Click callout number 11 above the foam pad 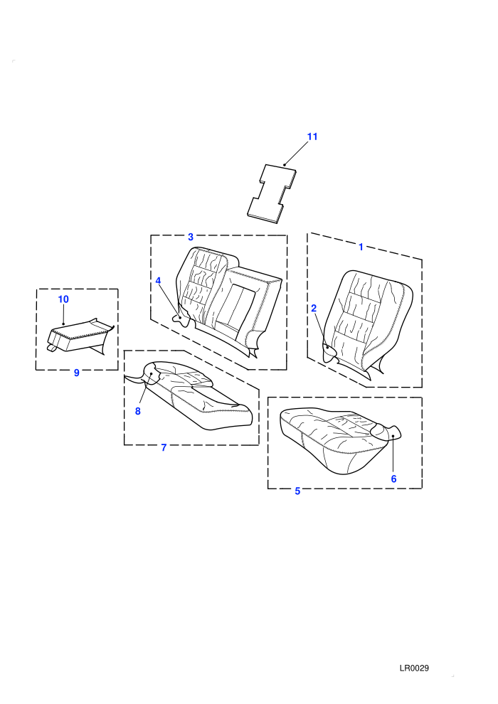click(x=312, y=137)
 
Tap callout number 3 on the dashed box click(x=191, y=237)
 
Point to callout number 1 click(x=361, y=247)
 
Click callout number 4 click(x=158, y=281)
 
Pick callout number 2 click(x=314, y=308)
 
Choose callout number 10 click(x=63, y=299)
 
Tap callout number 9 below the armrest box click(x=76, y=373)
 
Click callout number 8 click(x=138, y=411)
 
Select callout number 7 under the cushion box click(x=164, y=447)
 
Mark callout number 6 click(x=394, y=479)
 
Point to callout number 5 click(x=297, y=491)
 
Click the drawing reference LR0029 click(x=414, y=668)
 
